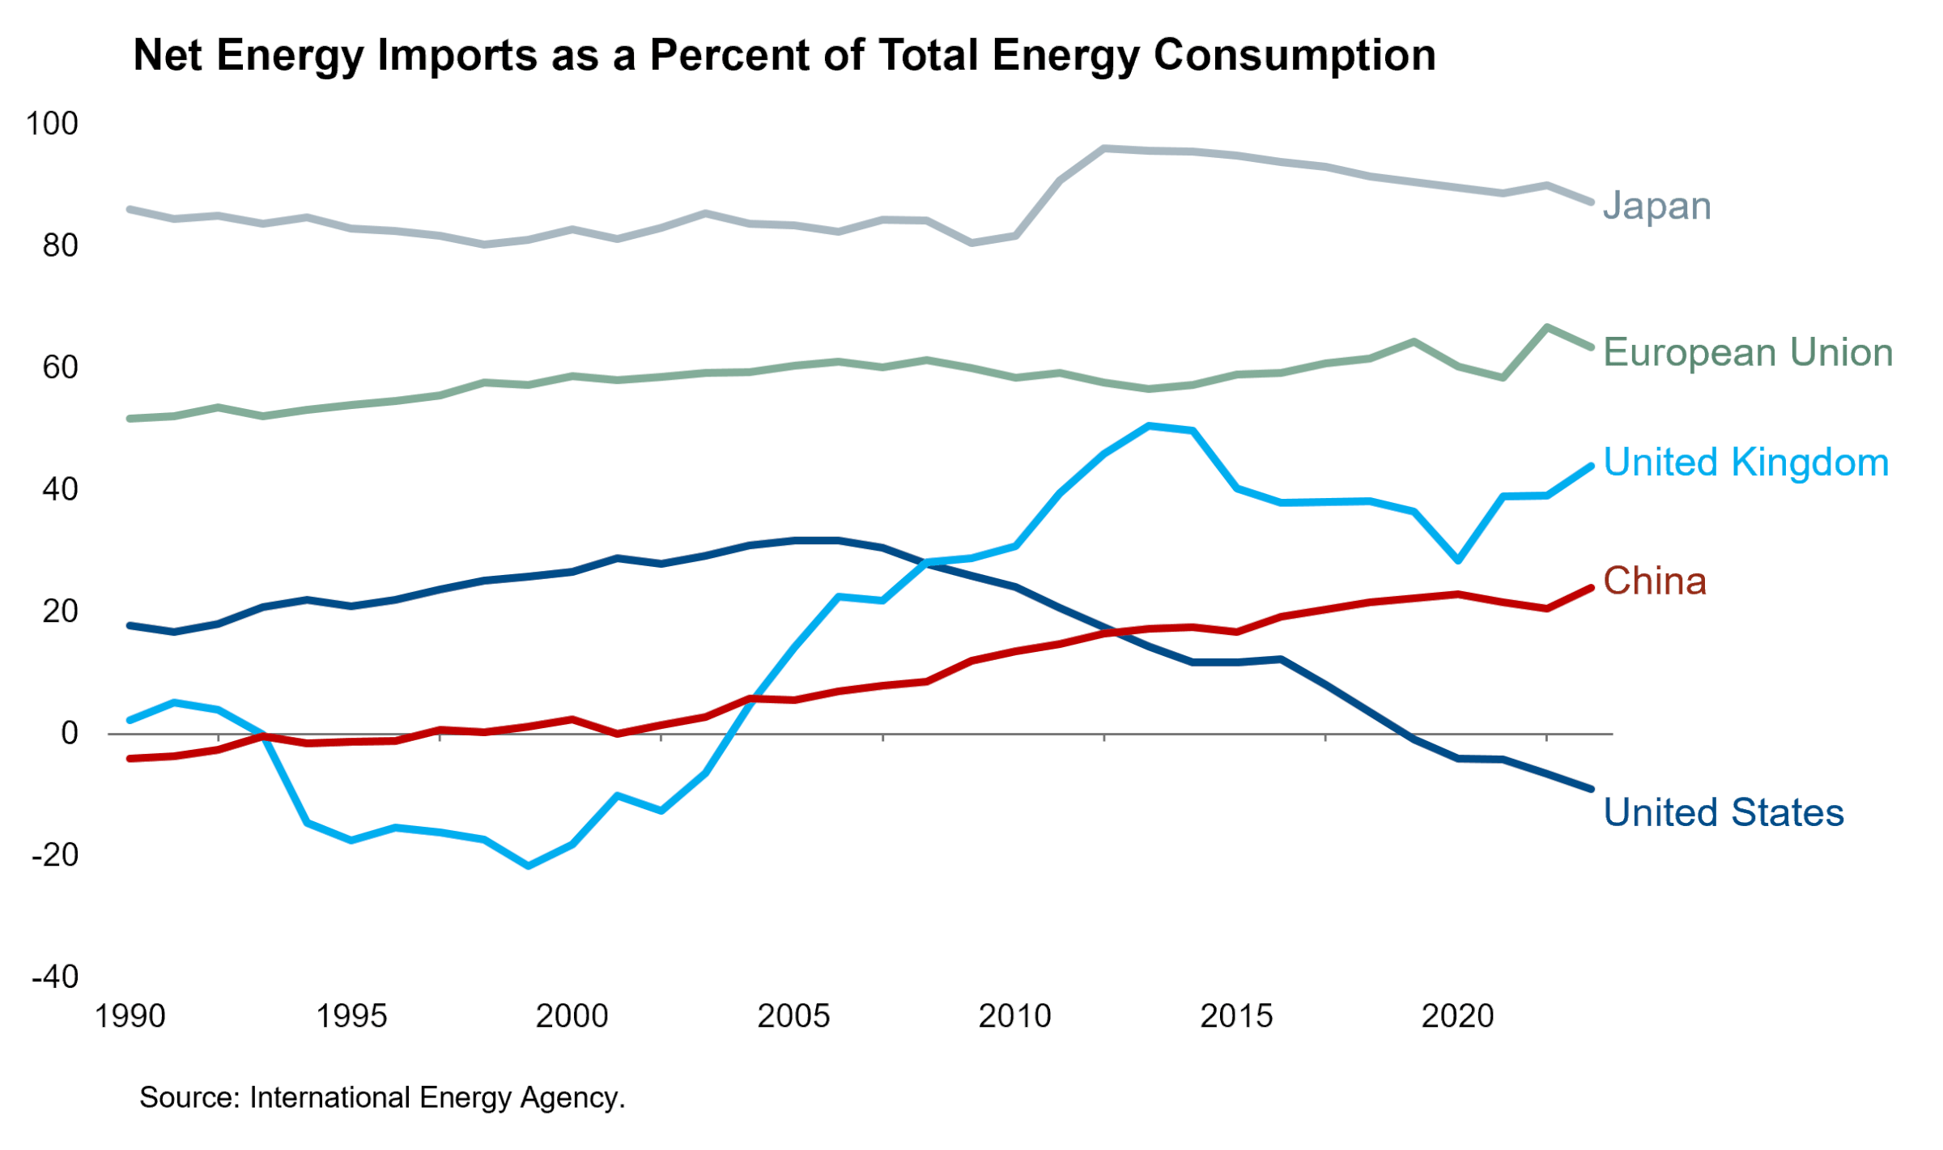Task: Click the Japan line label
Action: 1656,207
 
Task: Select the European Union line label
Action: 1747,353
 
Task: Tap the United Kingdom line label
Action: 1745,463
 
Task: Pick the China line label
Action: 1654,581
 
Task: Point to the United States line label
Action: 1723,812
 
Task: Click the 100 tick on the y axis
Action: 52,124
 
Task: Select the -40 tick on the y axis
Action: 55,977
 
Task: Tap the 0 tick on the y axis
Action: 70,733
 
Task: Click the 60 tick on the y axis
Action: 60,368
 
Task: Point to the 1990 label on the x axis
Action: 130,1016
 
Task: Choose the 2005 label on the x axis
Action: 793,1016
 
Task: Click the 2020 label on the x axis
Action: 1457,1016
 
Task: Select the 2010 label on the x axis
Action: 1014,1016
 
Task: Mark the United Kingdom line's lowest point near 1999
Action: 529,866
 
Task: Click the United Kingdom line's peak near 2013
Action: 1149,425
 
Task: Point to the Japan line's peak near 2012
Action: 1104,148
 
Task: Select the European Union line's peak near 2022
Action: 1547,327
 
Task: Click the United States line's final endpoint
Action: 1591,788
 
